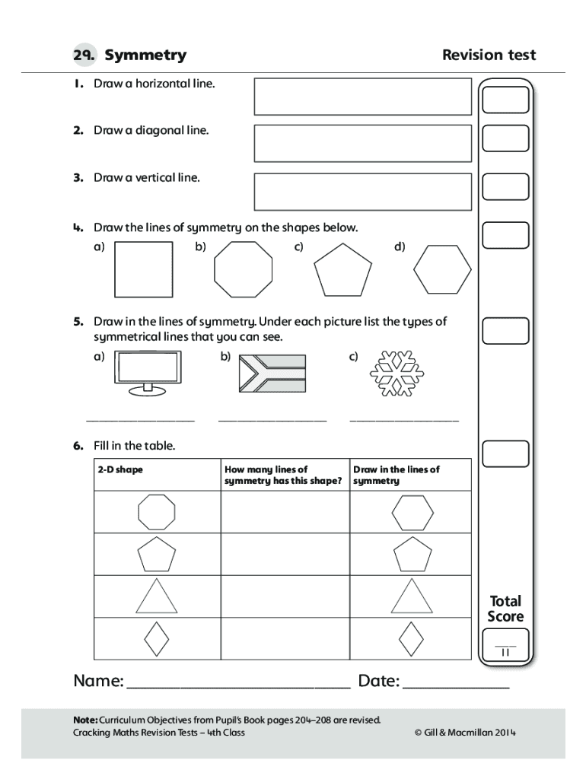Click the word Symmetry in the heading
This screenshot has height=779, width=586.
tap(145, 55)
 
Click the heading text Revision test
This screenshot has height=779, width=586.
tap(489, 55)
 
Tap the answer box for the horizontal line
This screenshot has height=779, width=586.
tap(362, 97)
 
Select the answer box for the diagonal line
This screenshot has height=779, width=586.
tap(362, 144)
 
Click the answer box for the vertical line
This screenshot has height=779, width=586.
tap(362, 191)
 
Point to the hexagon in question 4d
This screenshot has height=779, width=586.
tap(442, 269)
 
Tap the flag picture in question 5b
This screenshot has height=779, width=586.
tap(272, 373)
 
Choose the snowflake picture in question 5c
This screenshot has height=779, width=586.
tap(397, 374)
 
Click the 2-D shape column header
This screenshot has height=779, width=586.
tap(120, 469)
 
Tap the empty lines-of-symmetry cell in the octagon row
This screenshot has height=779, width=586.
tap(285, 512)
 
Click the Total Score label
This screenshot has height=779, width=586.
tap(505, 609)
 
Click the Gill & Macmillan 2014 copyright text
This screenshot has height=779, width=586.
tap(466, 733)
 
